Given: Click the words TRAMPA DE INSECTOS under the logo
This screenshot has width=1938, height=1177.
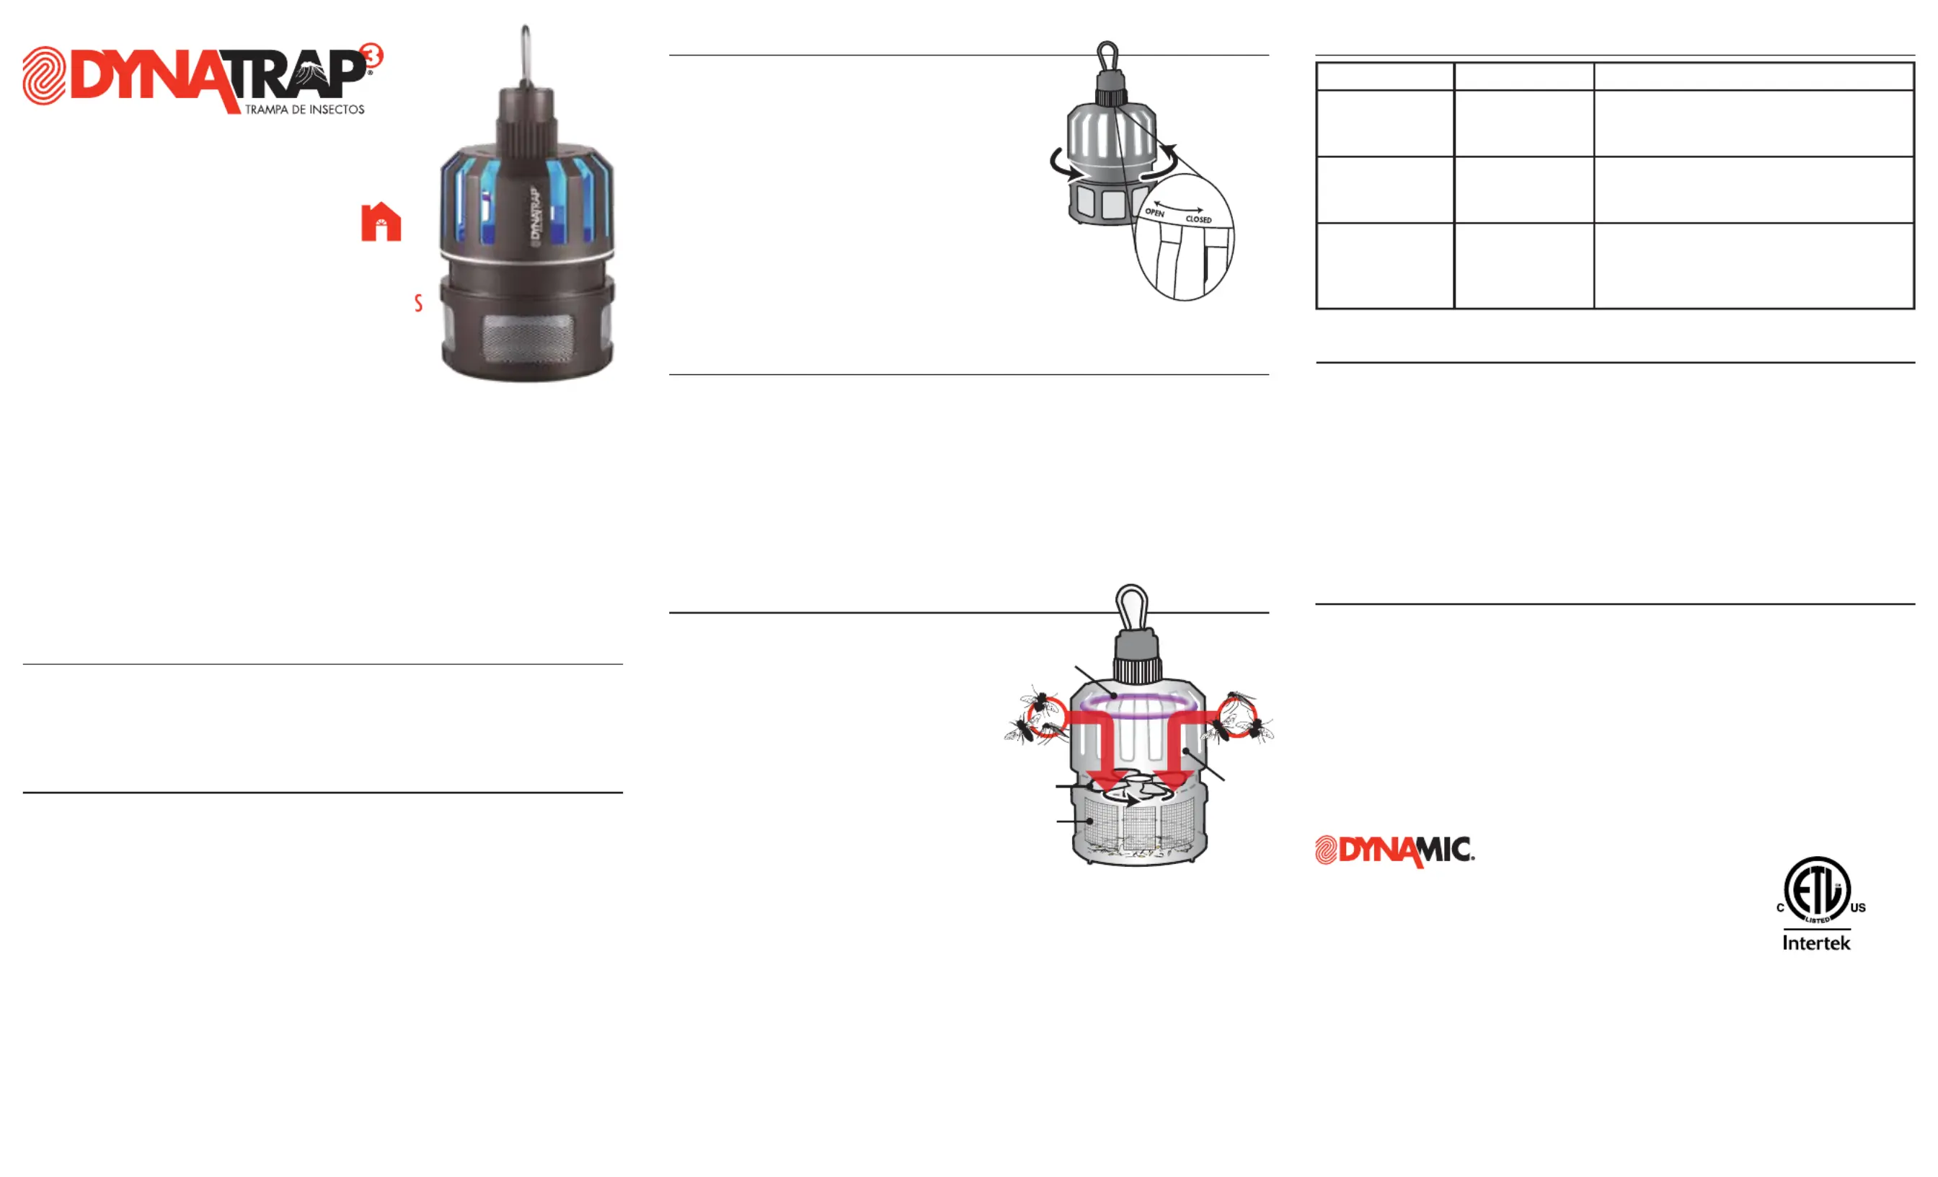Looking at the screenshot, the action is tap(304, 110).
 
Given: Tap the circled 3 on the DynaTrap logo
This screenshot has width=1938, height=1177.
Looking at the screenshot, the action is tap(372, 55).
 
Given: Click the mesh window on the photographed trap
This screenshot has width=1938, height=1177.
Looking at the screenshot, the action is tap(526, 339).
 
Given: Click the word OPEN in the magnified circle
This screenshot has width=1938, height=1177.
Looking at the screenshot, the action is tap(1154, 213).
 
